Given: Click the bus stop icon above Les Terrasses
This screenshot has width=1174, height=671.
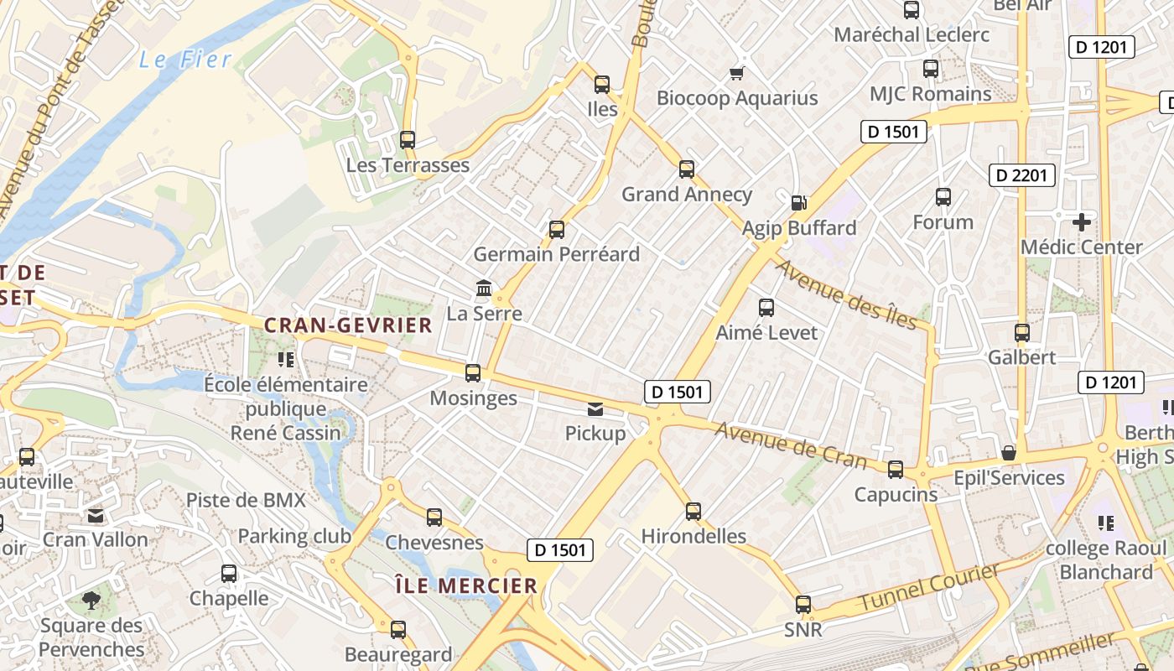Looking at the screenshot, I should (x=408, y=140).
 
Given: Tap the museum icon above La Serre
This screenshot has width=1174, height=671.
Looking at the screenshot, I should (x=484, y=289).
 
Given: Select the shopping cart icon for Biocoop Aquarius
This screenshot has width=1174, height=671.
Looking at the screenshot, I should (x=737, y=73).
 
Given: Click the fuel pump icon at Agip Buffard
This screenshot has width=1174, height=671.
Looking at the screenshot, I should (x=798, y=202).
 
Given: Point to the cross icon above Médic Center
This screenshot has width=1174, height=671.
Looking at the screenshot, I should (x=1082, y=222).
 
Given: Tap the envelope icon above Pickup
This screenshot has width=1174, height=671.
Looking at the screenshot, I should (x=595, y=409).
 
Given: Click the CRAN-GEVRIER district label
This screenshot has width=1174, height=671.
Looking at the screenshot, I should (x=348, y=325).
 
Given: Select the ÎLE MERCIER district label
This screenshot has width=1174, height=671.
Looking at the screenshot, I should (x=465, y=585).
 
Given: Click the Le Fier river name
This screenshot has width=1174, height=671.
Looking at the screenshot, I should (x=184, y=60).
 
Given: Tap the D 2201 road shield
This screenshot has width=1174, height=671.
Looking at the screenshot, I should (x=1021, y=174).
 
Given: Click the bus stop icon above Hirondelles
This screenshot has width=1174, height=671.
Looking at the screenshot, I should (x=693, y=511).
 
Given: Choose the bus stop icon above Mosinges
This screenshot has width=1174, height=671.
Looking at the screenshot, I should (x=473, y=373).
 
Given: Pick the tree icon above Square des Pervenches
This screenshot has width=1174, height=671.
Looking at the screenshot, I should (x=91, y=601).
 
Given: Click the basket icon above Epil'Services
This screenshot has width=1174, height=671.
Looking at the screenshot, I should (x=1009, y=453).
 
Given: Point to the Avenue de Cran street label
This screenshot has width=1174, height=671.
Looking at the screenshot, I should (x=791, y=445).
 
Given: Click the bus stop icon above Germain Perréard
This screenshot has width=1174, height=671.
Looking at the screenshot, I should (x=556, y=230).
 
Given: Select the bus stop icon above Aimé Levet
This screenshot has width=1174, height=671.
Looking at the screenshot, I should (x=766, y=308).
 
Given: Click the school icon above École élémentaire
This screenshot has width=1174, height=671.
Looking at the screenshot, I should (x=286, y=360).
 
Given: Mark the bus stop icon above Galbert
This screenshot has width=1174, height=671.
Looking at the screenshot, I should (x=1021, y=332).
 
